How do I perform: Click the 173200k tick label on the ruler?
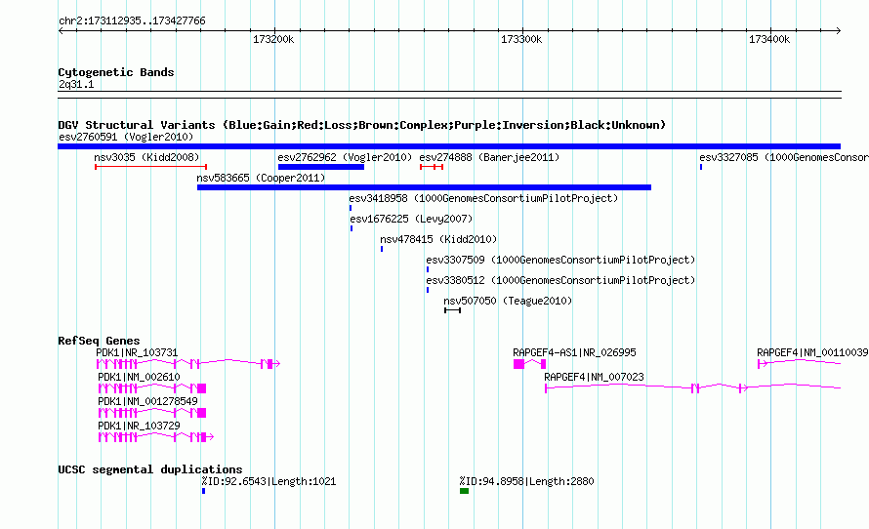click(273, 39)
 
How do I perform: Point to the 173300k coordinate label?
click(521, 39)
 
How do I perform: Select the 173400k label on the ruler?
click(769, 39)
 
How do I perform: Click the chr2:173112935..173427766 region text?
click(132, 20)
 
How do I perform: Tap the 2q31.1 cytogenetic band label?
click(76, 84)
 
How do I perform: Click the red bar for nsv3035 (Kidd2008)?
click(150, 167)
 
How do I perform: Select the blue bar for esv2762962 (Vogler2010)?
click(321, 167)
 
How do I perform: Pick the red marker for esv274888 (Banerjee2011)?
click(432, 167)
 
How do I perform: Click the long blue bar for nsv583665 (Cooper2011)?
click(424, 187)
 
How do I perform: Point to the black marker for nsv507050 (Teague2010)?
click(452, 310)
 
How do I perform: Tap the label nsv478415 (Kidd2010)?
click(438, 239)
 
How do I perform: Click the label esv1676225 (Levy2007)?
click(411, 219)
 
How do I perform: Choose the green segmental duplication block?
click(465, 491)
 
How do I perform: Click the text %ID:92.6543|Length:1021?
click(269, 481)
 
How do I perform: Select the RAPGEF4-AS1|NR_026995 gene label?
click(574, 352)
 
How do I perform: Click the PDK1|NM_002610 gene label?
click(139, 377)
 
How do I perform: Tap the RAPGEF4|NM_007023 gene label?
click(594, 377)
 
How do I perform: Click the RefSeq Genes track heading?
click(99, 341)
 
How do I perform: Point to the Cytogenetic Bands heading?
click(116, 72)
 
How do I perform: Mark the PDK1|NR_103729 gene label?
click(139, 426)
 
